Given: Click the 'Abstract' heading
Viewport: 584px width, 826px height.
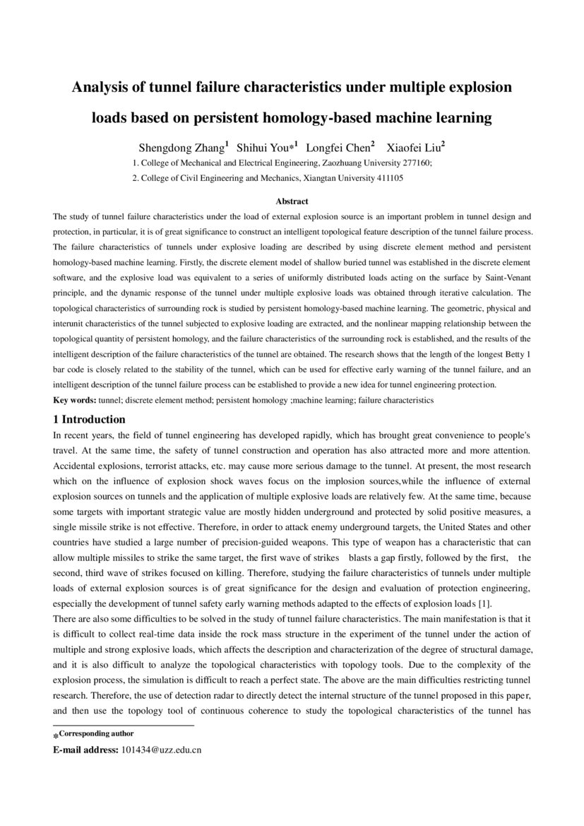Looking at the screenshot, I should (292, 201).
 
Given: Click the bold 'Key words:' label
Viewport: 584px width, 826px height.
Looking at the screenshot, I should (75, 400).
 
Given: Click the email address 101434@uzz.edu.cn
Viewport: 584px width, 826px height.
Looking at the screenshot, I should (161, 750).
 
